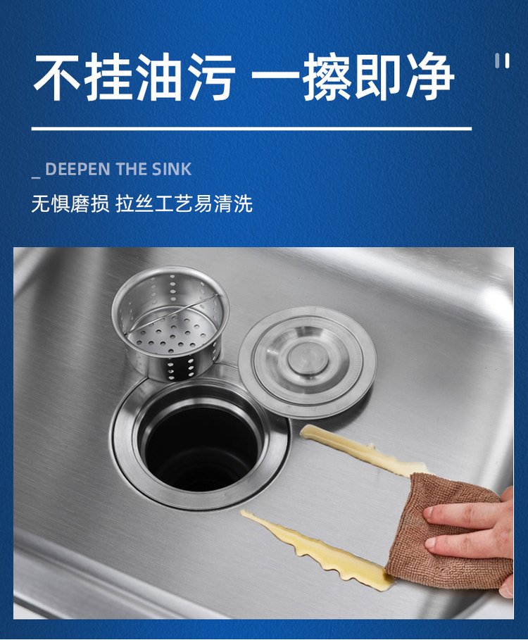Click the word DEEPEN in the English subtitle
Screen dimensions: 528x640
pyautogui.click(x=77, y=170)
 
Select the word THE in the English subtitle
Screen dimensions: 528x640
pyautogui.click(x=130, y=170)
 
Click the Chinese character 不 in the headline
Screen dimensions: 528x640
pyautogui.click(x=57, y=77)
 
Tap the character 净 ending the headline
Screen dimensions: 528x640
pyautogui.click(x=429, y=77)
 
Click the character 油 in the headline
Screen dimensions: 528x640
pyautogui.click(x=160, y=77)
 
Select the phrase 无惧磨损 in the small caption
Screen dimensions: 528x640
pyautogui.click(x=70, y=203)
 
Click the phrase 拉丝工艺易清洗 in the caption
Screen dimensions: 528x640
pyautogui.click(x=184, y=203)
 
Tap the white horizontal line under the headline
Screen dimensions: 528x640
pyautogui.click(x=252, y=129)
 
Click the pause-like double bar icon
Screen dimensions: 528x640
pyautogui.click(x=502, y=61)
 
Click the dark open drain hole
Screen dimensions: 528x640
pyautogui.click(x=201, y=448)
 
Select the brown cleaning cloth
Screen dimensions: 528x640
pyautogui.click(x=449, y=531)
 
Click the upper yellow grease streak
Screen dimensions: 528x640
pyautogui.click(x=363, y=450)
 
